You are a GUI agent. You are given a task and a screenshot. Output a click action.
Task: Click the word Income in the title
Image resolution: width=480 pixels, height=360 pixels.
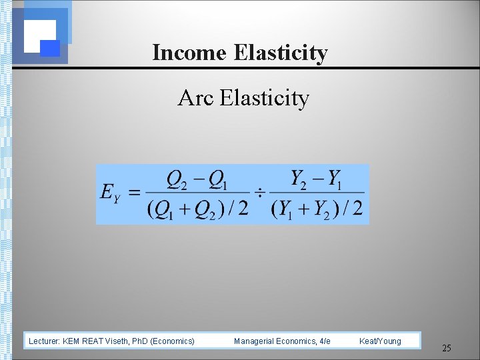(190, 52)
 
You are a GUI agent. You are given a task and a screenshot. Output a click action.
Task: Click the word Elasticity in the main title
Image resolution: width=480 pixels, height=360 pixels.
(281, 52)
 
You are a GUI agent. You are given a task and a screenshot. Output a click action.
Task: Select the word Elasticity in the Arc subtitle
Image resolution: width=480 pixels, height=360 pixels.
(264, 99)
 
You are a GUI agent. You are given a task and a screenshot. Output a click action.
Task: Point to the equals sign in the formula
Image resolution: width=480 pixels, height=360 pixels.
(134, 193)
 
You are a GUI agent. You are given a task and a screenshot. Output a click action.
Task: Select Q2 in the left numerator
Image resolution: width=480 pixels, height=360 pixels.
(177, 179)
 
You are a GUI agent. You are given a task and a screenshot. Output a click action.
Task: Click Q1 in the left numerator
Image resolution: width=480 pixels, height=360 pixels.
(218, 179)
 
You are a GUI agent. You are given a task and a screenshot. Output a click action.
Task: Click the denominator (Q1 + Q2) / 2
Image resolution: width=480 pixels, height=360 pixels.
(197, 209)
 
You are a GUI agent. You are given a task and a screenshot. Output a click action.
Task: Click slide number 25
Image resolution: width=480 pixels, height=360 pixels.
(447, 348)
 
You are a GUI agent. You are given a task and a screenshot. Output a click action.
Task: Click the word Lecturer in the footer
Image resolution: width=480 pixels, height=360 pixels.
(45, 341)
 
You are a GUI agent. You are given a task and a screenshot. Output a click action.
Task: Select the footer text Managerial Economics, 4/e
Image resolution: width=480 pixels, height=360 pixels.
(282, 341)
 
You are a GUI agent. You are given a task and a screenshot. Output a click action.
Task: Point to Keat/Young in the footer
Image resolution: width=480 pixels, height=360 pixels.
(380, 341)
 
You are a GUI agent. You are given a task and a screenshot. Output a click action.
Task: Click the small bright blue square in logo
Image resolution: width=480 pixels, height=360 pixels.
(51, 48)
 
